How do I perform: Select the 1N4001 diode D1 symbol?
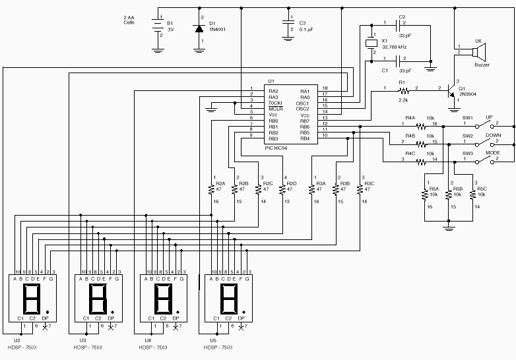199,28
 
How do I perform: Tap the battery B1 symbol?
158,28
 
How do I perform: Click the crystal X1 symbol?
371,44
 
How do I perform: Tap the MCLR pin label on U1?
275,109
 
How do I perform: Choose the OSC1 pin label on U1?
303,103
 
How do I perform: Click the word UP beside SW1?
490,118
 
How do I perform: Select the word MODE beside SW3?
492,154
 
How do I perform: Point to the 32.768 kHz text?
395,47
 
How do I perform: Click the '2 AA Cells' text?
133,20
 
